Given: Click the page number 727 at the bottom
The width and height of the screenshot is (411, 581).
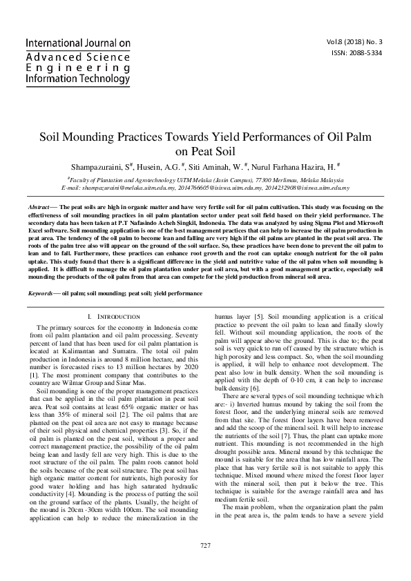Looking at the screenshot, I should point(204,565).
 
